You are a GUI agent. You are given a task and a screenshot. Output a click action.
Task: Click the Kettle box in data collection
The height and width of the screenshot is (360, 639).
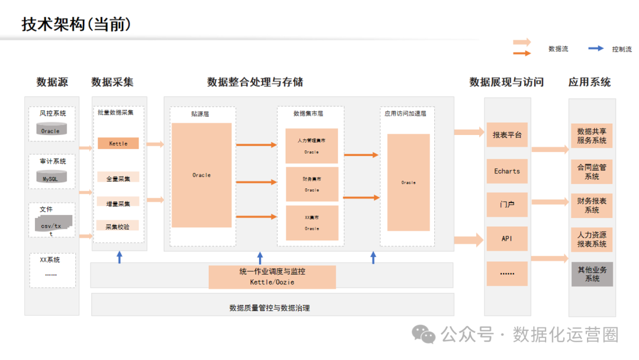[x=118, y=143]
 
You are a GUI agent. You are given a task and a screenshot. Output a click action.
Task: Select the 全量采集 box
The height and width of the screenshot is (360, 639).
[x=118, y=177]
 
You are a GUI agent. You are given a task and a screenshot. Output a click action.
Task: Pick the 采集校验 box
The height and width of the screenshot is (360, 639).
[x=118, y=226]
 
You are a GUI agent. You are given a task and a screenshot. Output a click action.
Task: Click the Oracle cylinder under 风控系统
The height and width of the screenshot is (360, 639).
[x=51, y=129]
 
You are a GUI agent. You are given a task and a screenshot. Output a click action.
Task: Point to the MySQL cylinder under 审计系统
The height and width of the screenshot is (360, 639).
[x=51, y=176]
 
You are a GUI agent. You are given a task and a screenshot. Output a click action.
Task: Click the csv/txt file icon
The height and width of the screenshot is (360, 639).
[x=53, y=225]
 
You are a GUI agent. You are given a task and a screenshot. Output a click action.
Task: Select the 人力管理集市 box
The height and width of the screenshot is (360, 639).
[x=311, y=146]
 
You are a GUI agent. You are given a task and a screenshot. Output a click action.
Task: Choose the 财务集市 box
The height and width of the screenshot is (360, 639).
[x=311, y=184]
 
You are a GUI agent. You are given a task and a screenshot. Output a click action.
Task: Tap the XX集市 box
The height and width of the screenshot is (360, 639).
[x=311, y=223]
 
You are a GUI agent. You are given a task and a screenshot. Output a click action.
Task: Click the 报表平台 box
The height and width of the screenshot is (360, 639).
[x=507, y=135]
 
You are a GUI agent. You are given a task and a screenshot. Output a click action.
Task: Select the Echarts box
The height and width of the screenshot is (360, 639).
[x=507, y=171]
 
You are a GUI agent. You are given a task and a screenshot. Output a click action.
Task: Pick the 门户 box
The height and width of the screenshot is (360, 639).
[x=507, y=204]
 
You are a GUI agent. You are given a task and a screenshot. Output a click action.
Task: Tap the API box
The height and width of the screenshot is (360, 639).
[x=507, y=239]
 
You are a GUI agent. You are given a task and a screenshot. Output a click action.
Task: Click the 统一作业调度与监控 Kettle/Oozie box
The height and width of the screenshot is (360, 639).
[x=272, y=277]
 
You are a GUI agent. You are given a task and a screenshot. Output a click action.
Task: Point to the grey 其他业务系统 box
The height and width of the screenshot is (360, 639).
[x=592, y=274]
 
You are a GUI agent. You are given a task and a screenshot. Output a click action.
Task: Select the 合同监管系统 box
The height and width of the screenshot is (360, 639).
[x=592, y=172]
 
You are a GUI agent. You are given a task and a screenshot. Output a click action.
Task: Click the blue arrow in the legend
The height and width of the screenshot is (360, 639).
[x=596, y=49]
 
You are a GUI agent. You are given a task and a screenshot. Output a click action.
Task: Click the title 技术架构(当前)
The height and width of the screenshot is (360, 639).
[x=76, y=24]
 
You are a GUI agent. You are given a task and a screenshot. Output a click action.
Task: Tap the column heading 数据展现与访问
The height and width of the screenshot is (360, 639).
[x=506, y=82]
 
